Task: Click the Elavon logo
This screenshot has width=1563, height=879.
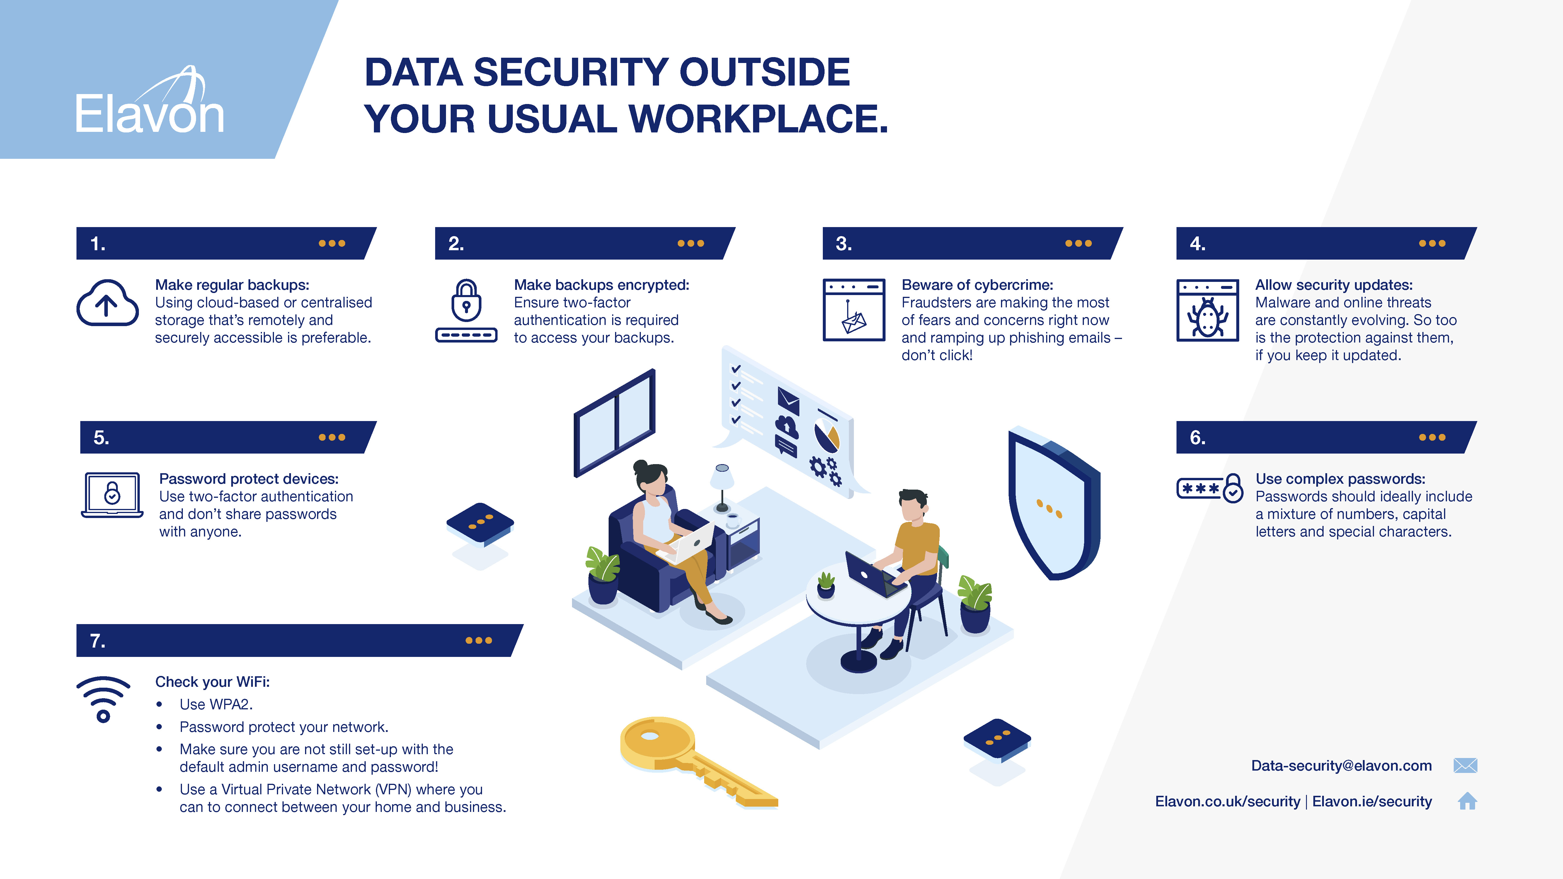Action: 149,103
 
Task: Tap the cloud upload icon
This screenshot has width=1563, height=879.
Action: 108,303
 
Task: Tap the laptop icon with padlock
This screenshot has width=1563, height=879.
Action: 112,494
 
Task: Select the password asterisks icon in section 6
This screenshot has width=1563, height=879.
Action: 1209,488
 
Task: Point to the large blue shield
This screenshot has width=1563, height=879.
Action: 1053,503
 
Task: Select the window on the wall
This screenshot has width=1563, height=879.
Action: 615,423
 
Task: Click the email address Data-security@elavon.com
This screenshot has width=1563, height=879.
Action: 1341,766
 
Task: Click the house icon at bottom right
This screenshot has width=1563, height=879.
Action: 1467,801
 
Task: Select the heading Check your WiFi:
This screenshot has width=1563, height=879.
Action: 212,682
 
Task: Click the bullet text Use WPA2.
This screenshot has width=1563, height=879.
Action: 216,704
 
